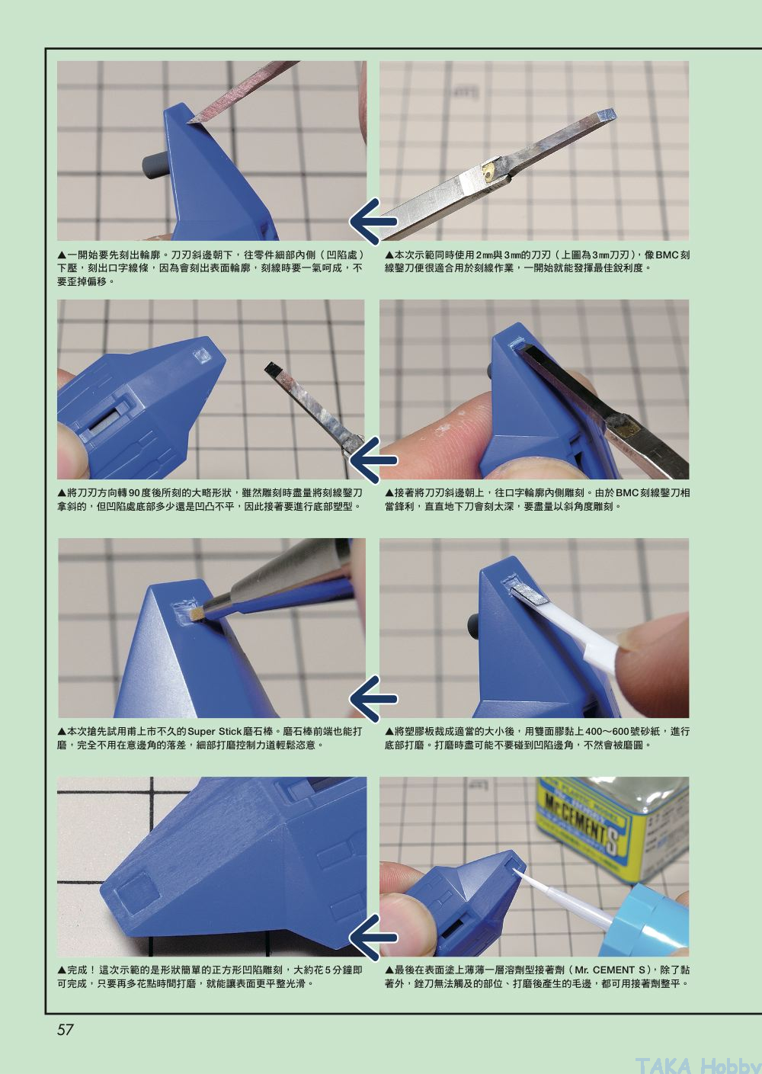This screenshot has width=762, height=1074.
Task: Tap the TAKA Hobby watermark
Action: pyautogui.click(x=698, y=1066)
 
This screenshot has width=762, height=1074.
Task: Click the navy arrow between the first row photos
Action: pyautogui.click(x=373, y=222)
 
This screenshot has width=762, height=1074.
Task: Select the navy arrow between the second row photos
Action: pyautogui.click(x=373, y=460)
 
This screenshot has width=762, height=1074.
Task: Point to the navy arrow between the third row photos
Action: pyautogui.click(x=373, y=699)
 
